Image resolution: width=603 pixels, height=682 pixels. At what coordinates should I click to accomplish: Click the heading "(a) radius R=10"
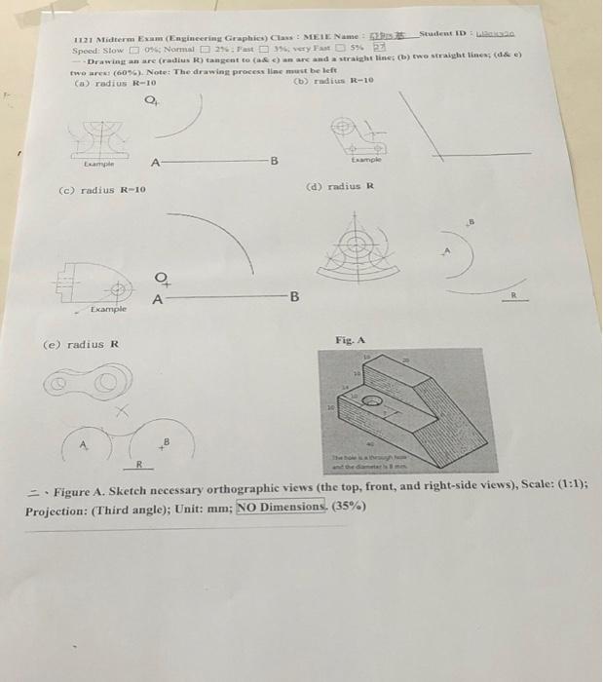point(114,83)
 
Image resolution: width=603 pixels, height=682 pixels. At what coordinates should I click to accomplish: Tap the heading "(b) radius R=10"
point(334,80)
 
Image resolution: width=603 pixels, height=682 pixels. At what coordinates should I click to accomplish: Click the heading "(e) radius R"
point(83,344)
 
